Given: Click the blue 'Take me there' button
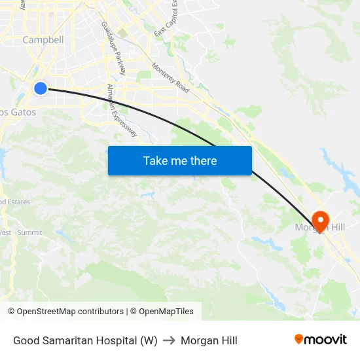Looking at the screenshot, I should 179,160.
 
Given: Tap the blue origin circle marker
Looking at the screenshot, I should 41,88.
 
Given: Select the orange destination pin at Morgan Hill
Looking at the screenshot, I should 321,219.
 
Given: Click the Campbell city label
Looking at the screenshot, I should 43,40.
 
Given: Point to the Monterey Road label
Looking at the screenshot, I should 170,77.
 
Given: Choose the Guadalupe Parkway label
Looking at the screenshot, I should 113,47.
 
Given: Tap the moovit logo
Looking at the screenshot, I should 320,340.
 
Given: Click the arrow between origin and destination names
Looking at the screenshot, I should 169,340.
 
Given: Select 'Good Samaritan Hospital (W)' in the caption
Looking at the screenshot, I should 85,340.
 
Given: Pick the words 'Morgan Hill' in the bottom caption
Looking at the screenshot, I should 209,340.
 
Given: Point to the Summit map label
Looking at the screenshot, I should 29,232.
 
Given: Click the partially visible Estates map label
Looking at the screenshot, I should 14,202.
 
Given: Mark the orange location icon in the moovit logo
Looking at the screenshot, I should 299,339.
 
